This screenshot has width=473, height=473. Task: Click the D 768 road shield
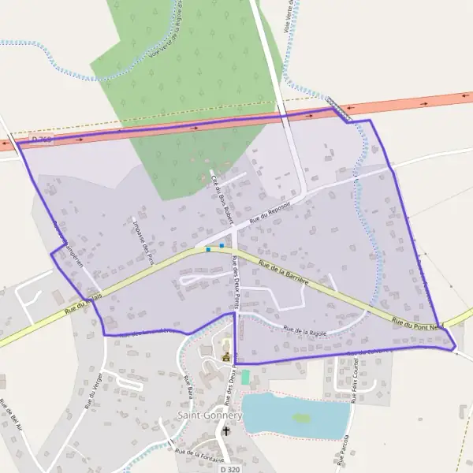coord(41,140)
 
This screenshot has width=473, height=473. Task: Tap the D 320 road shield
coord(230,469)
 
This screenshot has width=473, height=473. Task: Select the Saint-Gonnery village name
coord(204,415)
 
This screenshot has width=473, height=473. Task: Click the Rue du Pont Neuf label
coord(419,323)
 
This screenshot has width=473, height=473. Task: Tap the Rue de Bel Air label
coord(9,416)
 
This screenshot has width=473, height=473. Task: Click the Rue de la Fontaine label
coord(200,455)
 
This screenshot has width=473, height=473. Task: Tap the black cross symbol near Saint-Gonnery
coord(227,431)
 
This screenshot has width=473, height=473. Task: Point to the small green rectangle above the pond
coord(245,378)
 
